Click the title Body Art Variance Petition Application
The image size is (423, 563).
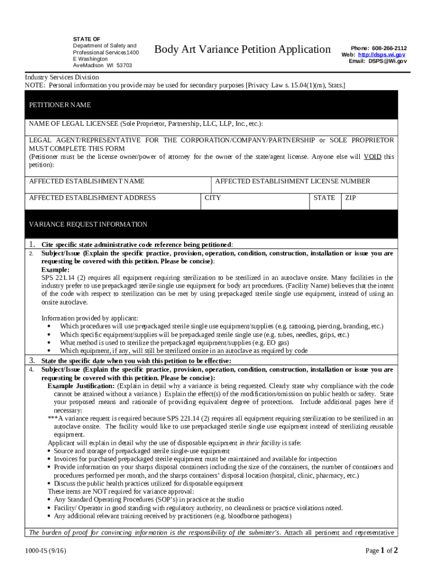pos(242,49)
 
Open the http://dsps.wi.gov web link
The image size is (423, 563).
pos(382,55)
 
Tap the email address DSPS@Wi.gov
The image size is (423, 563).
pos(387,61)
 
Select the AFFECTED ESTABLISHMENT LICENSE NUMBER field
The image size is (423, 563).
pos(292,181)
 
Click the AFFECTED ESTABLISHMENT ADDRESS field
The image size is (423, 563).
pos(92,198)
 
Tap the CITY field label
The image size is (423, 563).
pos(213,198)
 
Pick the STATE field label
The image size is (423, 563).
pos(324,198)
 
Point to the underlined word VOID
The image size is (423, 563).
pos(372,157)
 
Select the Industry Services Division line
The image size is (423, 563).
pos(62,78)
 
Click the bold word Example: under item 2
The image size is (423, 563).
pos(55,270)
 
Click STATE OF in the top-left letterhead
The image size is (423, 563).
pos(87,39)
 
